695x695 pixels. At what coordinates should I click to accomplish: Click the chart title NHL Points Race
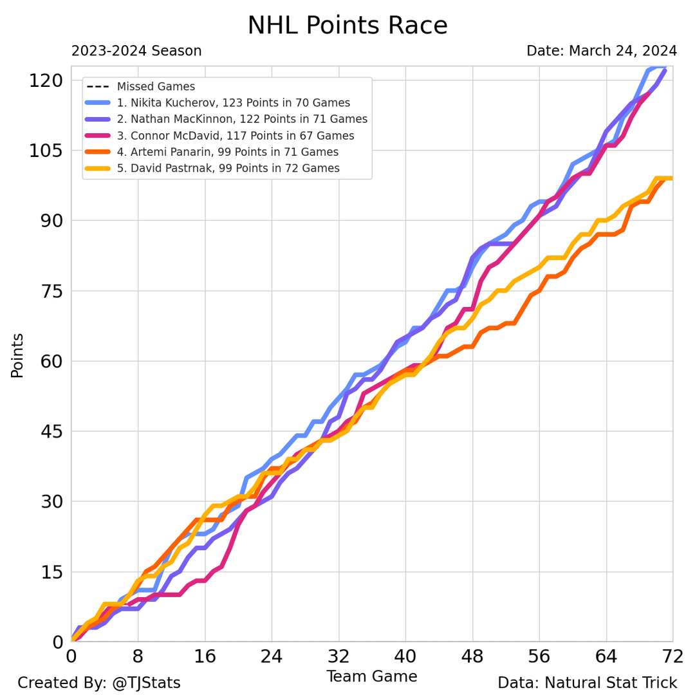coord(347,26)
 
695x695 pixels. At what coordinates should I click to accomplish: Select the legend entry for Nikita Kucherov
coord(233,103)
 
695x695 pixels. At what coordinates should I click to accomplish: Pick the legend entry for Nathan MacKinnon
coord(242,119)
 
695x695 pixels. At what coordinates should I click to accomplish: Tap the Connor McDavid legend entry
coord(236,136)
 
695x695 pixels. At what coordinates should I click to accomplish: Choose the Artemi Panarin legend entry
coord(227,152)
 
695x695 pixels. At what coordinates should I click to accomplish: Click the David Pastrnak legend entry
coord(228,169)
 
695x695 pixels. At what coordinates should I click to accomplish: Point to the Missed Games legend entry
coord(156,86)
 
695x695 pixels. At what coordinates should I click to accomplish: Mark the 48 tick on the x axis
coord(472,657)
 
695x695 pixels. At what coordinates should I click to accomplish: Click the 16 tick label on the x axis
coord(205,657)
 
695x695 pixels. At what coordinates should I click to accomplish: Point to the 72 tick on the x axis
coord(672,657)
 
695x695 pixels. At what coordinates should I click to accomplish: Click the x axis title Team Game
coord(371,677)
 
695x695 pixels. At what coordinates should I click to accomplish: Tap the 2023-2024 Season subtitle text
coord(136,51)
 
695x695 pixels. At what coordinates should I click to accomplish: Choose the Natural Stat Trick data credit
coord(587,683)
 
